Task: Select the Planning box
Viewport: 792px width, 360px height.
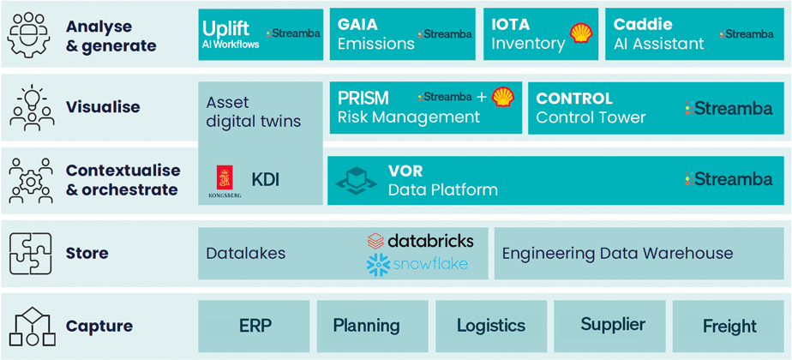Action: coord(366,325)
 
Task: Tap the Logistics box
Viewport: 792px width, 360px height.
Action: coord(491,325)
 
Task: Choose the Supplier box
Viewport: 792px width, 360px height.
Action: coord(612,325)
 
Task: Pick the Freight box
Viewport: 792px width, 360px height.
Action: coord(729,326)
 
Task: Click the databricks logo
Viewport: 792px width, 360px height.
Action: coord(420,241)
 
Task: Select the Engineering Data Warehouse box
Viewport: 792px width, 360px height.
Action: coord(639,254)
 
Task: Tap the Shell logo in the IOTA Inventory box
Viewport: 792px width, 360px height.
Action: coord(581,33)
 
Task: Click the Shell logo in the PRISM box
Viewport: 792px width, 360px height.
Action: coord(503,97)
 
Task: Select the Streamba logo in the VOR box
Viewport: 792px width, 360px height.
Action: coord(729,179)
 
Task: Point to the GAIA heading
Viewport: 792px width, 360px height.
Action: coord(357,24)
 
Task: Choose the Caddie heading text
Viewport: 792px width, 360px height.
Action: coord(643,24)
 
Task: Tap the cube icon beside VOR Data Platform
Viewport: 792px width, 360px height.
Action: coord(356,180)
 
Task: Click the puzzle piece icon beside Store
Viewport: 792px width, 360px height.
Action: coord(30,253)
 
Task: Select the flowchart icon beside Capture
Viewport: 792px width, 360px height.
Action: coord(30,326)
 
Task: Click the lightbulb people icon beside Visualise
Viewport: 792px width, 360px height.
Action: coord(30,107)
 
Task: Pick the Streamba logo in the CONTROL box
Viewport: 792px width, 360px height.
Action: coord(729,108)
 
